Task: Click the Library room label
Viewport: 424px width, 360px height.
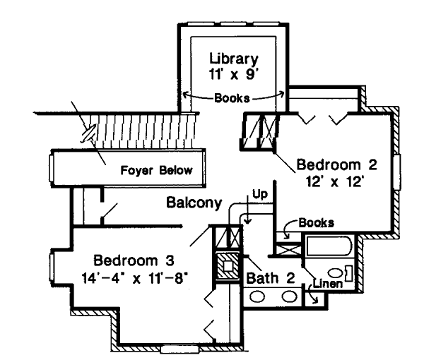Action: pyautogui.click(x=233, y=58)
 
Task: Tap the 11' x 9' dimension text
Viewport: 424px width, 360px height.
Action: pyautogui.click(x=233, y=73)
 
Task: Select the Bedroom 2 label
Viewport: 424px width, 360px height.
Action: pyautogui.click(x=337, y=165)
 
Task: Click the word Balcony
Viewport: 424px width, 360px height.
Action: pyautogui.click(x=194, y=203)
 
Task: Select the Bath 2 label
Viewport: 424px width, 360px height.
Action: pyautogui.click(x=270, y=278)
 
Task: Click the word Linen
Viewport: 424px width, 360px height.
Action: pyautogui.click(x=329, y=284)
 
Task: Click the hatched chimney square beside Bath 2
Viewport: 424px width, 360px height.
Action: pyautogui.click(x=227, y=266)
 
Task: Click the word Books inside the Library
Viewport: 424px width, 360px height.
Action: pyautogui.click(x=234, y=97)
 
